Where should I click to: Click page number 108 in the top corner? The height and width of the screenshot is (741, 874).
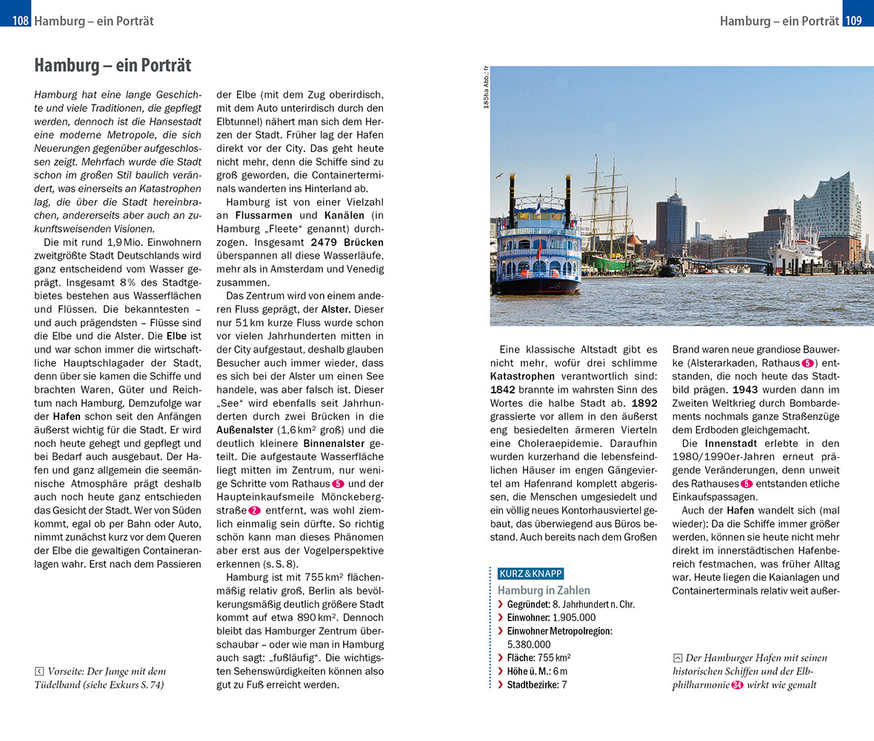[x=21, y=21]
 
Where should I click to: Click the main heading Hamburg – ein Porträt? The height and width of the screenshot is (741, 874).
[x=113, y=65]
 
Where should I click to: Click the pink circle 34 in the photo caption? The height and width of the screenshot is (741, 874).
[x=736, y=685]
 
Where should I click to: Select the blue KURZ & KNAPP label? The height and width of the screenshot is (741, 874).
[x=531, y=574]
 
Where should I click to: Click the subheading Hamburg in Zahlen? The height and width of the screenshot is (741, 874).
[x=544, y=590]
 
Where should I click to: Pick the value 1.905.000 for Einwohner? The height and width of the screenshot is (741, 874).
[x=571, y=617]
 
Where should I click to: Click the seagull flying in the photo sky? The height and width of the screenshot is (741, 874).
[x=498, y=176]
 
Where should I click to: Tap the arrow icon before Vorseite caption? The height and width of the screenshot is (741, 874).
[x=39, y=671]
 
